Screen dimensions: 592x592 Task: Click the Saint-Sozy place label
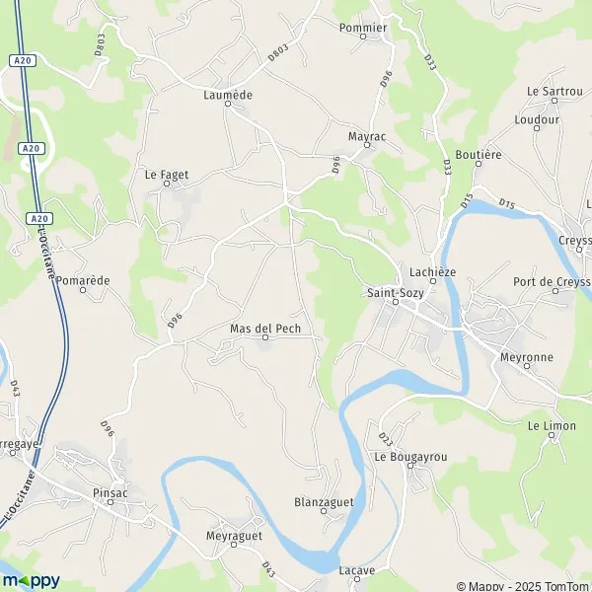[392, 292]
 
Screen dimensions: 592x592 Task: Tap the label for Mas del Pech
[263, 328]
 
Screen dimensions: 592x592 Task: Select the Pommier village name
[362, 29]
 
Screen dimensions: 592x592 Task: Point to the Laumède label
[228, 95]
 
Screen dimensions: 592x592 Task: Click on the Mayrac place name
[366, 137]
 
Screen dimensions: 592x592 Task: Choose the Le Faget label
[166, 175]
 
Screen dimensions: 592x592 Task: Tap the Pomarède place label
[83, 280]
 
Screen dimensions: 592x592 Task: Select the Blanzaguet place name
[324, 502]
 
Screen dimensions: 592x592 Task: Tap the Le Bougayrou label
[409, 458]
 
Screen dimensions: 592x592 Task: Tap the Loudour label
[537, 119]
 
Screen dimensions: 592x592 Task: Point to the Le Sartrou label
[555, 91]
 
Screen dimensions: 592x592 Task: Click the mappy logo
[31, 579]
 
